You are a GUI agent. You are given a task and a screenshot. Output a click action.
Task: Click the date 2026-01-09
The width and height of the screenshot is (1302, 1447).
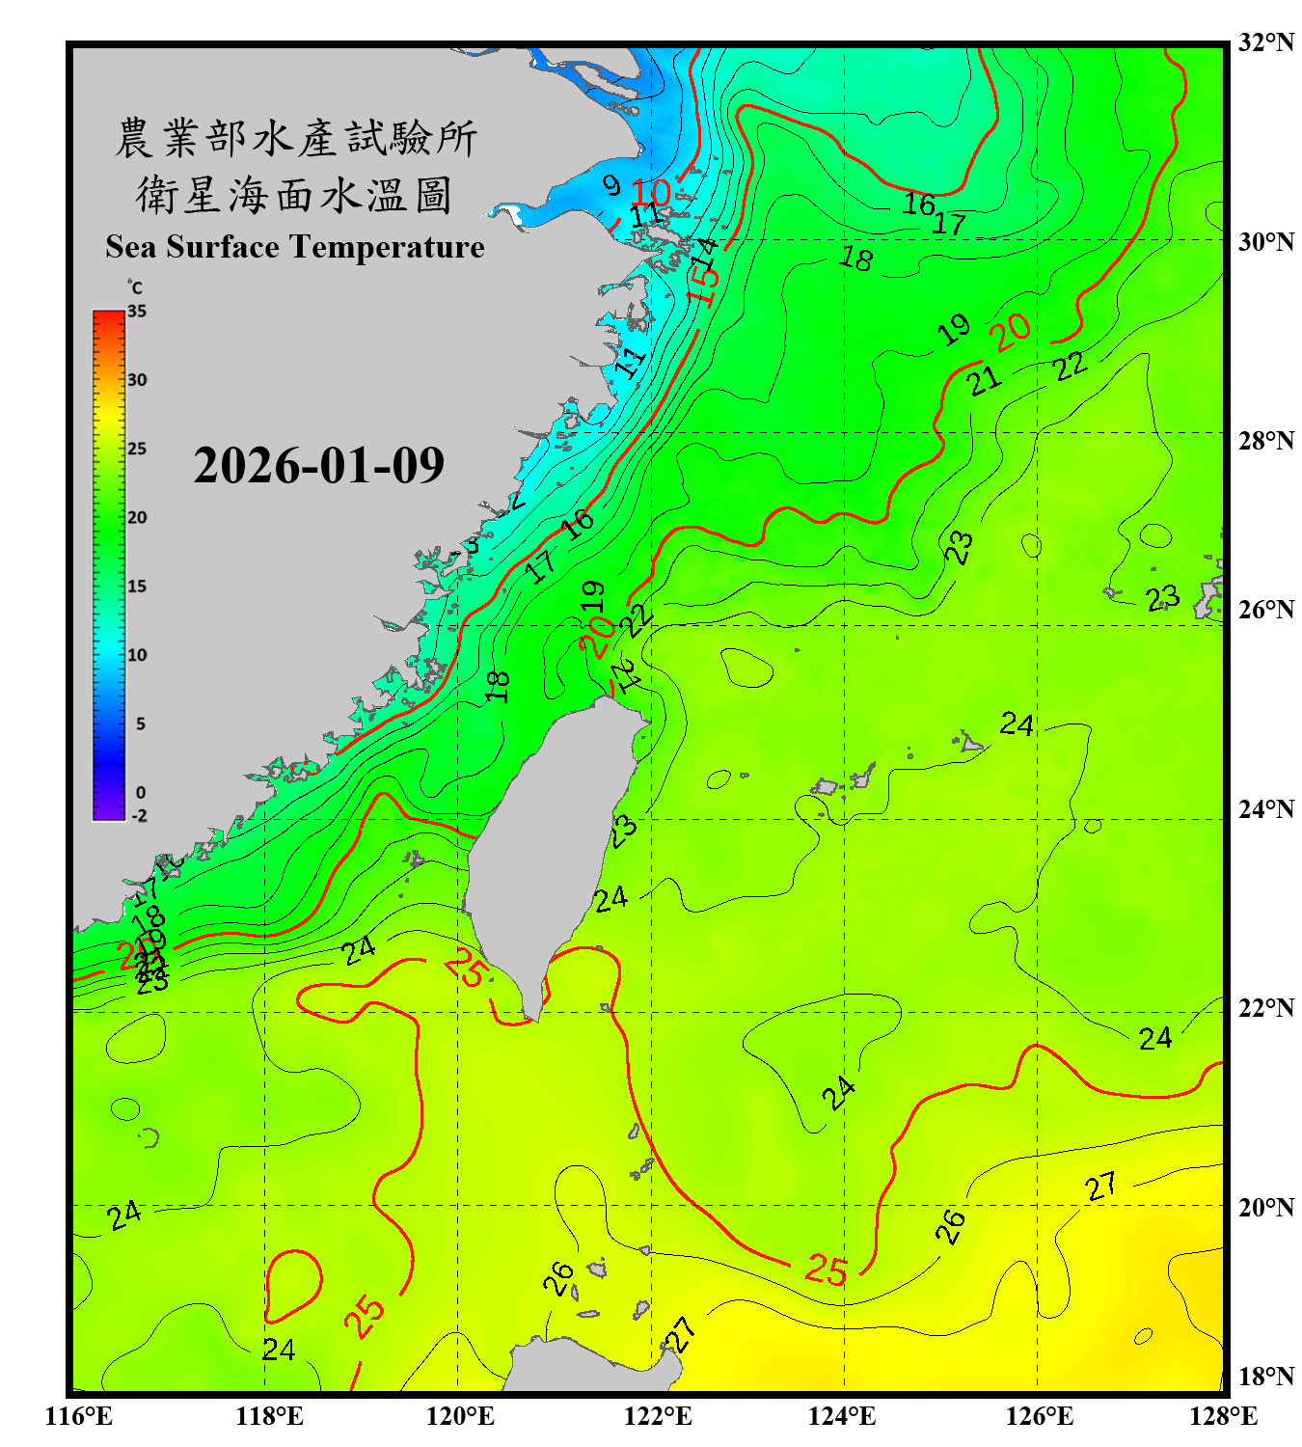pyautogui.click(x=318, y=466)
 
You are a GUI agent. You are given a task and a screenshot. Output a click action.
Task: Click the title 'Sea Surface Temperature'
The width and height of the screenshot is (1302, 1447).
pyautogui.click(x=295, y=247)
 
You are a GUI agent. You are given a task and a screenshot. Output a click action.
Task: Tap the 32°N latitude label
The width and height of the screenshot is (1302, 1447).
pyautogui.click(x=1265, y=42)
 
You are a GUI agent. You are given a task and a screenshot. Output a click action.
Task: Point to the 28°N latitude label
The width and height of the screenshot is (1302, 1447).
pyautogui.click(x=1265, y=441)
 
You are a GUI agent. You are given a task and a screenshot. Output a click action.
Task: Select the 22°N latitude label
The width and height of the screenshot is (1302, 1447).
pyautogui.click(x=1265, y=1008)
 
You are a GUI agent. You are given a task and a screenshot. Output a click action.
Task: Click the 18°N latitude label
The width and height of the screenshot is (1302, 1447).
pyautogui.click(x=1265, y=1377)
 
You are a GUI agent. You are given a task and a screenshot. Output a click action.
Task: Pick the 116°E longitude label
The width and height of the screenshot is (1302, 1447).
pyautogui.click(x=78, y=1416)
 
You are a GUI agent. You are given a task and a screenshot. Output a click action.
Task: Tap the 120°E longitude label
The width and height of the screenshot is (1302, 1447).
pyautogui.click(x=460, y=1416)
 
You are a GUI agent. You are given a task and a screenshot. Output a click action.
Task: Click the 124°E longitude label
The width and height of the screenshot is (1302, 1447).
pyautogui.click(x=842, y=1416)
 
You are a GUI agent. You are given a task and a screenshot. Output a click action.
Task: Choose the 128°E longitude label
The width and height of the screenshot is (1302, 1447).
pyautogui.click(x=1223, y=1416)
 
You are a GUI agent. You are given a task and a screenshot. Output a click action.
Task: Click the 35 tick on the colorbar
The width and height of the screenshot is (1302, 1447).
pyautogui.click(x=137, y=312)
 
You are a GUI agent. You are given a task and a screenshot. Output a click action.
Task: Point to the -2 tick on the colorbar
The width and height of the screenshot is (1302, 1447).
pyautogui.click(x=139, y=815)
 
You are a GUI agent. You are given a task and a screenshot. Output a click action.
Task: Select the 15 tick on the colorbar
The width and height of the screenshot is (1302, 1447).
pyautogui.click(x=137, y=587)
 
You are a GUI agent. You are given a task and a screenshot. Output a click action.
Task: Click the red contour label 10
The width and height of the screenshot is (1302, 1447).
pyautogui.click(x=652, y=191)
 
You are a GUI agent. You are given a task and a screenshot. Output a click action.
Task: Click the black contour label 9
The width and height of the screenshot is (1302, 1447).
pyautogui.click(x=611, y=184)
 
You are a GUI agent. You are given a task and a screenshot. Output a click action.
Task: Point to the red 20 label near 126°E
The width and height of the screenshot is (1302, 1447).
pyautogui.click(x=1012, y=332)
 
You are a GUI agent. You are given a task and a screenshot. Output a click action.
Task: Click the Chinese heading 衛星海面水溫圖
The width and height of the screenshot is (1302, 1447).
pyautogui.click(x=294, y=195)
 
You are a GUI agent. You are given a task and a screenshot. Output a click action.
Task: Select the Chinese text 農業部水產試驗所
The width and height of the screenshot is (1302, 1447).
pyautogui.click(x=296, y=138)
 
